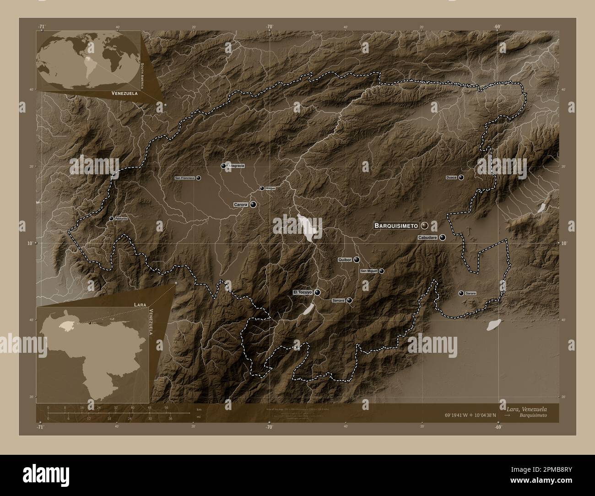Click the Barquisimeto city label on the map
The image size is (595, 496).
(396, 226)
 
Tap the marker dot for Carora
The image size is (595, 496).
(253, 205)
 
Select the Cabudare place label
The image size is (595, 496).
(428, 238)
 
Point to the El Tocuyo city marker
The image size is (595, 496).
(317, 292)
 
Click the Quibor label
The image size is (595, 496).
(344, 260)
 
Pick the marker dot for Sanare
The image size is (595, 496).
(350, 301)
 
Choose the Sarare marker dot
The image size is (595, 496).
(461, 293)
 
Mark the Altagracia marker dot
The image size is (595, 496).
(223, 166)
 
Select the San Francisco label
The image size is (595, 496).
(185, 178)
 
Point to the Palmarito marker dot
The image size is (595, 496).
(111, 219)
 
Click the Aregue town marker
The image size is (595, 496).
(262, 188)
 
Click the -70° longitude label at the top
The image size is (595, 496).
(270, 27)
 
